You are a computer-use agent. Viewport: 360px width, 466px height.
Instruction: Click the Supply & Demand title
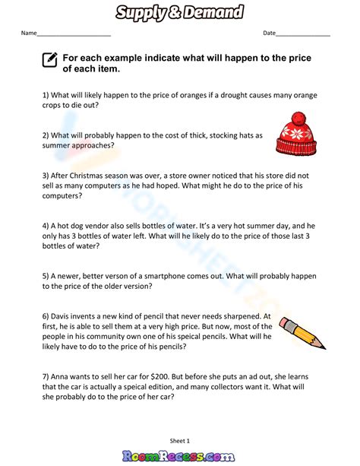click(180, 11)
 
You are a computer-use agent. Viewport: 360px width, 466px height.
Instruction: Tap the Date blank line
click(303, 35)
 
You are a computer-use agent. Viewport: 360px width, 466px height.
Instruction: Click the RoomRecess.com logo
click(180, 455)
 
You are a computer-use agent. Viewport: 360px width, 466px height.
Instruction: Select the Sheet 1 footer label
click(180, 440)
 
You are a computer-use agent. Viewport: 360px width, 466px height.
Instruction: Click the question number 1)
click(46, 95)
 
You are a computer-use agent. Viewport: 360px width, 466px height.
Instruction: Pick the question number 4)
click(46, 226)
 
